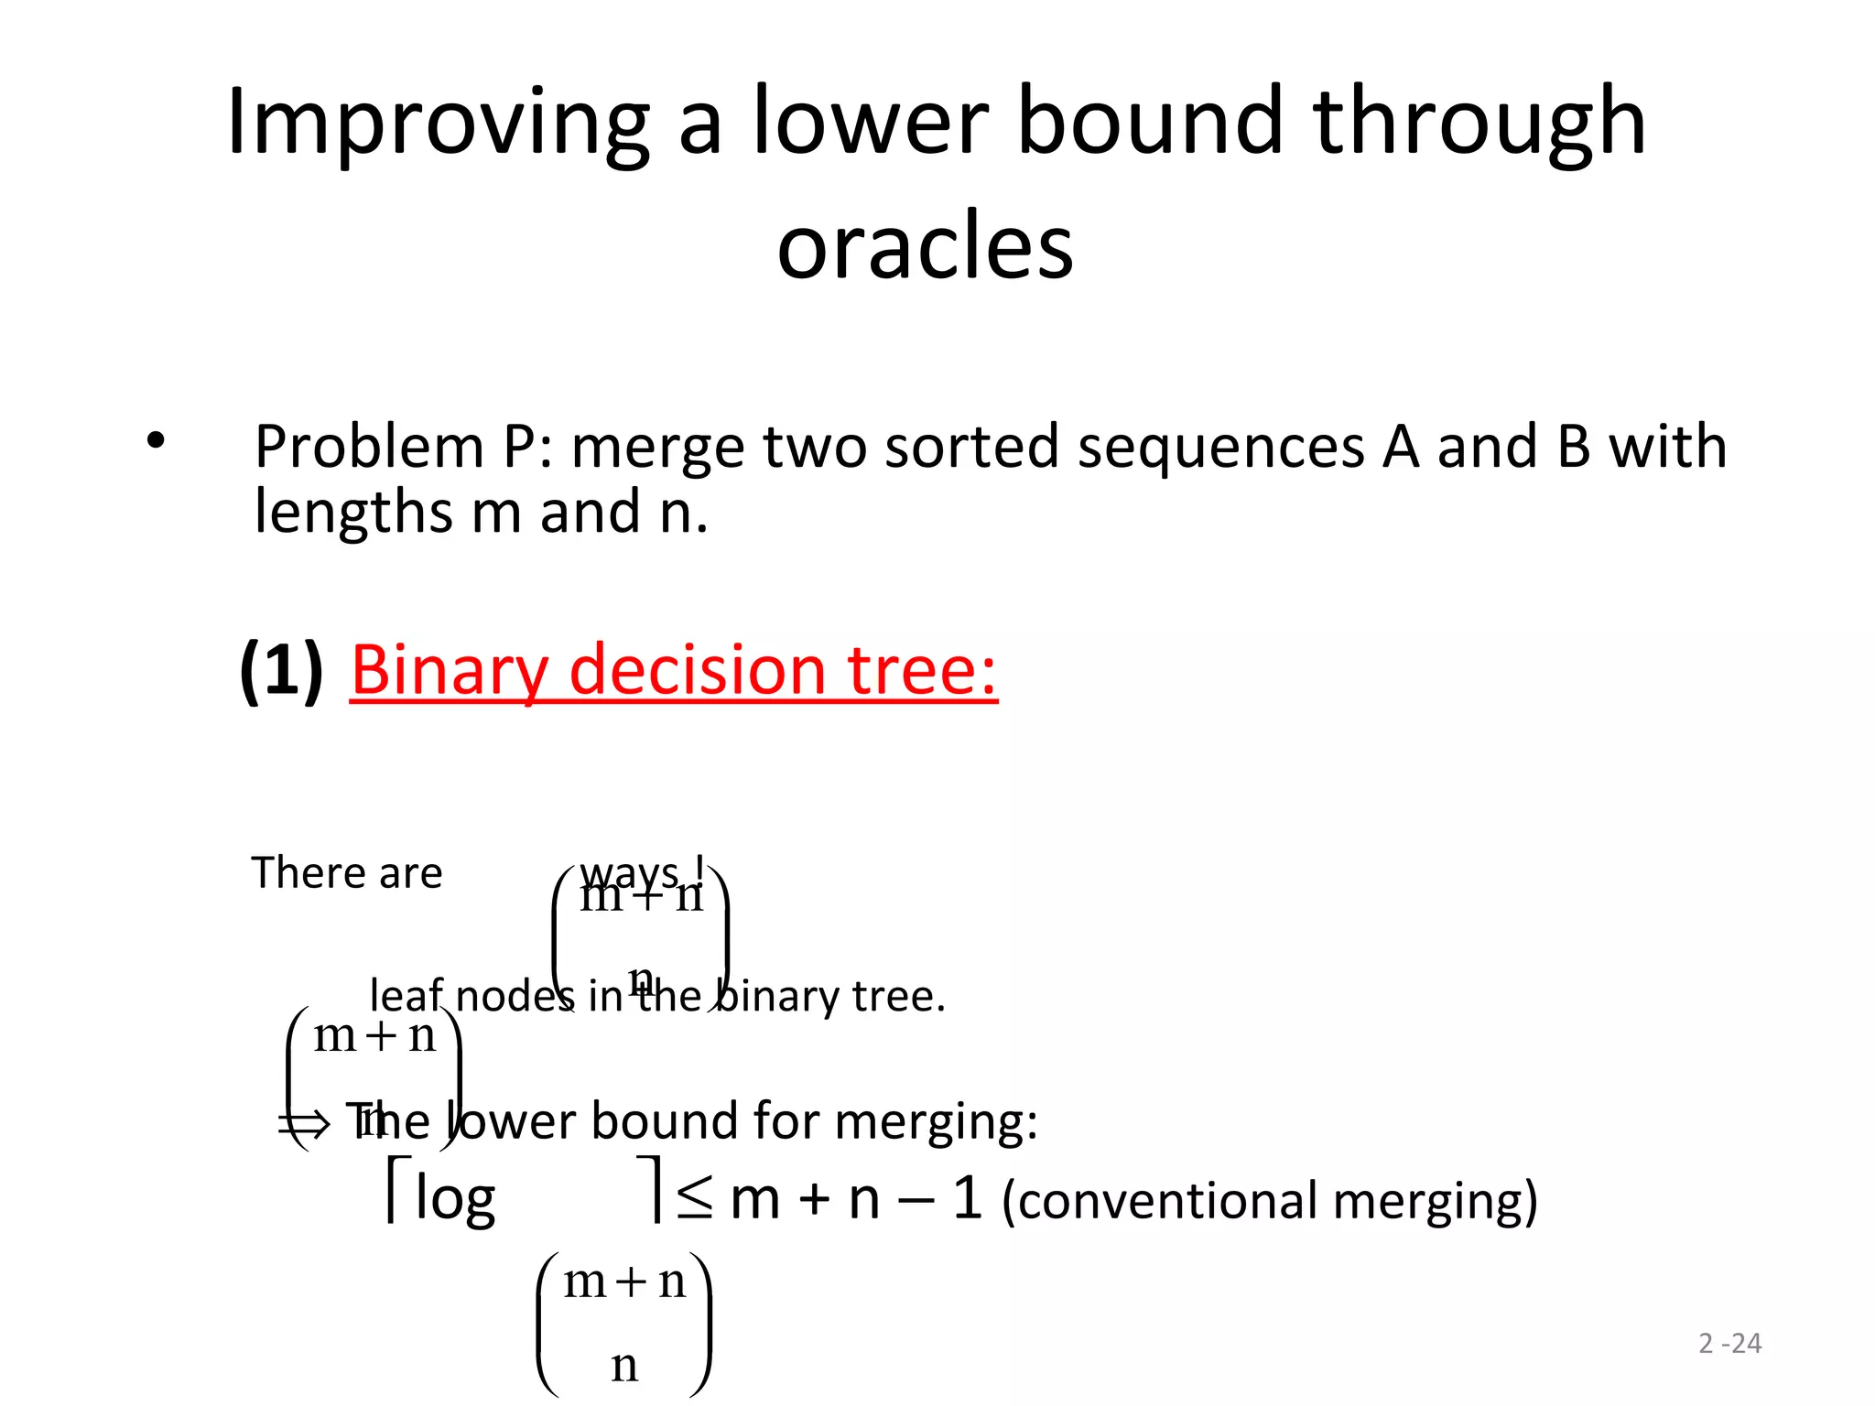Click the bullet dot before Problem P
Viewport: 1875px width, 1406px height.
(x=156, y=441)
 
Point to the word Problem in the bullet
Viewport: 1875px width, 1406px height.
(x=368, y=448)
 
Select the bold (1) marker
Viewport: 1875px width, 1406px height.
(x=281, y=670)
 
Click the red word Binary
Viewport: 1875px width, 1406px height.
(x=450, y=670)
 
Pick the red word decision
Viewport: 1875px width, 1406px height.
(x=698, y=670)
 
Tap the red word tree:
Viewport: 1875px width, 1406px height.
(x=922, y=670)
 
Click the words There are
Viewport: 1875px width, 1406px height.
(x=346, y=872)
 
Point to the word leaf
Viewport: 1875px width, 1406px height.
(x=406, y=995)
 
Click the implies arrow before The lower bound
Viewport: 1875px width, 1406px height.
(x=303, y=1123)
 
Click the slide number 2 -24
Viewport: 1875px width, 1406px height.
(x=1729, y=1343)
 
